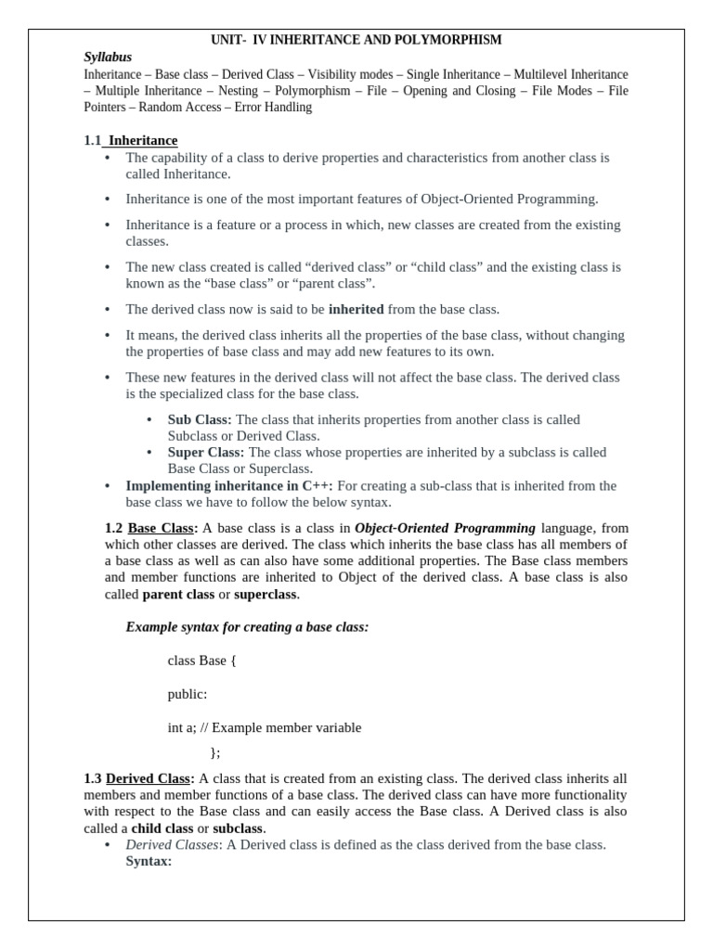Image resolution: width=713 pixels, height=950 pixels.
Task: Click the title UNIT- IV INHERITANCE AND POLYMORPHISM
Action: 356,40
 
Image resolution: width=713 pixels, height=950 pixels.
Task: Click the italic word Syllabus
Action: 108,58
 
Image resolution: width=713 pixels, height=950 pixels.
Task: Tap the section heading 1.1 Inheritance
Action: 131,140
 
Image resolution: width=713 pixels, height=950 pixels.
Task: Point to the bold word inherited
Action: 356,309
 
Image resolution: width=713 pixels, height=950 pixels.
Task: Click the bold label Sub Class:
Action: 200,419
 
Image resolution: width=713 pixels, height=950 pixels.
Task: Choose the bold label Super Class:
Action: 205,452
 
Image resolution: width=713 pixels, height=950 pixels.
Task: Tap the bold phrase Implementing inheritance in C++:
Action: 229,485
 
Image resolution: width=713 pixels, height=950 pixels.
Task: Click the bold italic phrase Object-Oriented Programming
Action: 445,528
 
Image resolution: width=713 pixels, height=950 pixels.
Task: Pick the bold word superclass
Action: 265,594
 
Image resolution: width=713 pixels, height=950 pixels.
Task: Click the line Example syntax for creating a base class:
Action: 247,627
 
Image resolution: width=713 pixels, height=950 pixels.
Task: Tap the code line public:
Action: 188,694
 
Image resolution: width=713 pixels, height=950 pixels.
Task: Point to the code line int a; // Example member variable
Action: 265,727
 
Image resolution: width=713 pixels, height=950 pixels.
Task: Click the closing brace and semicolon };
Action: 215,752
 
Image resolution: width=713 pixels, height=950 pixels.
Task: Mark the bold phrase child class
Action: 162,828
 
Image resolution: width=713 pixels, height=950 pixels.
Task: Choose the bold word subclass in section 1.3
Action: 239,828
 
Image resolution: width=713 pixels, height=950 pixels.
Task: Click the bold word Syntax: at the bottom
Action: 149,861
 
